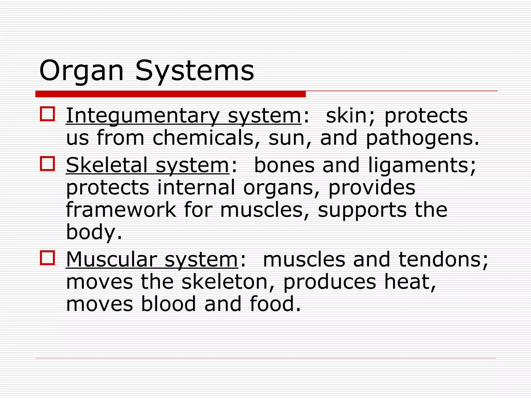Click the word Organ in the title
[81, 71]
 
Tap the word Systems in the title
[194, 71]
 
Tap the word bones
[284, 165]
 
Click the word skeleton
[225, 282]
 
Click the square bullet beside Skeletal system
[47, 164]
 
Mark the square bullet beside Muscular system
[47, 258]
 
